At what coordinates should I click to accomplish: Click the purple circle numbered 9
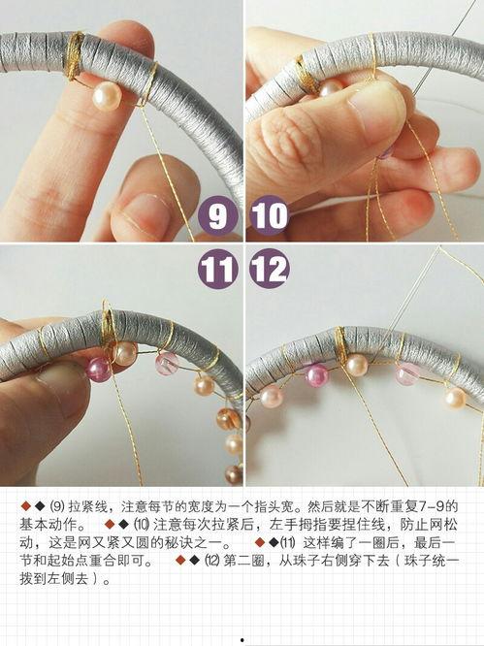point(218,215)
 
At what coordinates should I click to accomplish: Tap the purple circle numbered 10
point(269,215)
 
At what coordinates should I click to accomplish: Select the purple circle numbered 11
point(218,268)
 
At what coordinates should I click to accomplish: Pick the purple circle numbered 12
point(269,268)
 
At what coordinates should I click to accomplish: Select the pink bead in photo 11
point(99,368)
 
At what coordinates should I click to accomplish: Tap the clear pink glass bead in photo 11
point(166,364)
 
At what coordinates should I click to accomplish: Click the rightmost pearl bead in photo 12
point(454,398)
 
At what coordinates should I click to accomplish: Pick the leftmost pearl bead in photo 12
point(271,396)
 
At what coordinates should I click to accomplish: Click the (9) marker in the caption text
point(56,507)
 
